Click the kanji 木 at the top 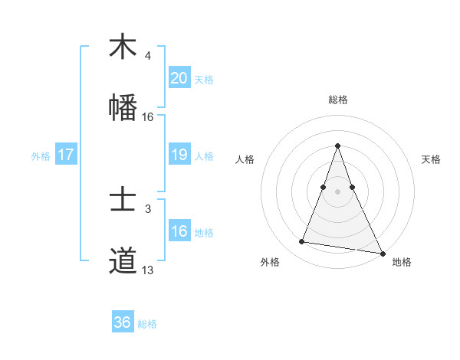(123, 47)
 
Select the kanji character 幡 (123, 108)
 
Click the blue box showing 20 (179, 77)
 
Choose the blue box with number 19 (179, 155)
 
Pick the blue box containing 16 (179, 231)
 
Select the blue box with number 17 (66, 155)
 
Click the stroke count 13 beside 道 (148, 270)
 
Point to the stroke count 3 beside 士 (148, 208)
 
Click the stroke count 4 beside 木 (148, 55)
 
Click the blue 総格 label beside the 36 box (147, 324)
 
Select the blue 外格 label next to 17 (41, 155)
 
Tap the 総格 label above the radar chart (338, 100)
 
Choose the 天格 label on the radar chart (431, 159)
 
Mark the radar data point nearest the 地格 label (381, 253)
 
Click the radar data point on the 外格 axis (302, 242)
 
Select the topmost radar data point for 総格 (338, 146)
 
